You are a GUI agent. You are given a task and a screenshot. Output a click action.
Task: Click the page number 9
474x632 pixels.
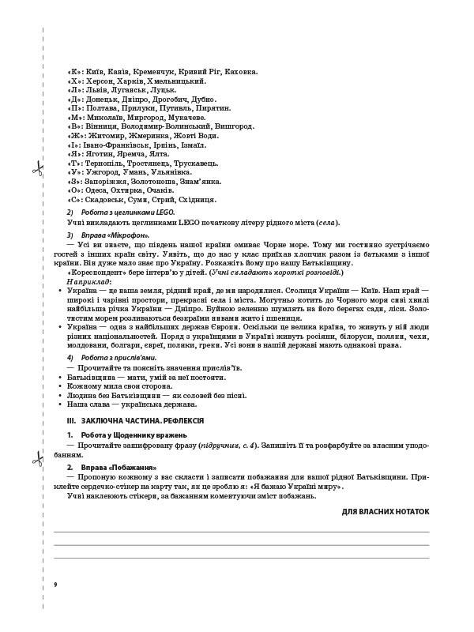(55, 584)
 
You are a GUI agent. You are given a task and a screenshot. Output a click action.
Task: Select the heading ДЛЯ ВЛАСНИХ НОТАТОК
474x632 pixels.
(386, 511)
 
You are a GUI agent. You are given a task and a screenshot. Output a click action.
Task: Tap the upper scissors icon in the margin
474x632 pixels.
(36, 168)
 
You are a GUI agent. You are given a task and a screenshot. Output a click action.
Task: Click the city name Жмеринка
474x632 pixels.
(149, 135)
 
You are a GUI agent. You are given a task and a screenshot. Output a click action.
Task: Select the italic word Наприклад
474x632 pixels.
(89, 280)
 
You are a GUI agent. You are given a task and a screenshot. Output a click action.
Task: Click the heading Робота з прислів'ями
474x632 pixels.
(111, 358)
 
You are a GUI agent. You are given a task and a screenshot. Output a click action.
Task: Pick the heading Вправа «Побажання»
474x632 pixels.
(111, 468)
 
